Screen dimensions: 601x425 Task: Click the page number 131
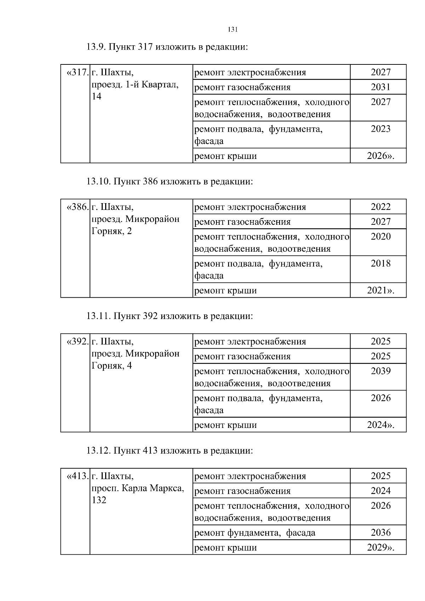click(x=232, y=30)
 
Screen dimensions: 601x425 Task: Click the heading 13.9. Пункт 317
click(x=167, y=47)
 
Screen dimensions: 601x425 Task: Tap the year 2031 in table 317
click(x=380, y=87)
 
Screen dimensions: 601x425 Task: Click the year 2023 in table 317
click(x=380, y=129)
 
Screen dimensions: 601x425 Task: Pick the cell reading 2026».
click(x=380, y=156)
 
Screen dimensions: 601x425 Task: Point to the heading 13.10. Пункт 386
click(x=170, y=182)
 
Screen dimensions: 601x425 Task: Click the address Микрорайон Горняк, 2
click(x=135, y=225)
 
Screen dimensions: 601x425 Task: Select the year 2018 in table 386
click(x=380, y=263)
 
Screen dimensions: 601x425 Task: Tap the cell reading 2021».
click(x=380, y=291)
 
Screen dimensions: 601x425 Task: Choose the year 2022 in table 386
click(x=380, y=207)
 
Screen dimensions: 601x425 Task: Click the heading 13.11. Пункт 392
click(x=170, y=316)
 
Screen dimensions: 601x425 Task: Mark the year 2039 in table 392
click(x=380, y=371)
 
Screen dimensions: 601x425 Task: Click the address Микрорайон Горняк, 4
click(x=135, y=360)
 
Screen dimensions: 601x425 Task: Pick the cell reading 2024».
click(x=380, y=425)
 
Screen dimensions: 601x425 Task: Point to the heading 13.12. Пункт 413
click(x=170, y=451)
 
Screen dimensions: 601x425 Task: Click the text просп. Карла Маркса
click(x=138, y=488)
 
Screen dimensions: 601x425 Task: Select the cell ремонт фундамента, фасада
click(x=255, y=533)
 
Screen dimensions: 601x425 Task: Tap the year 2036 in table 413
click(x=380, y=533)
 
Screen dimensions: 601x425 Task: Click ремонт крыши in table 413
click(x=226, y=548)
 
